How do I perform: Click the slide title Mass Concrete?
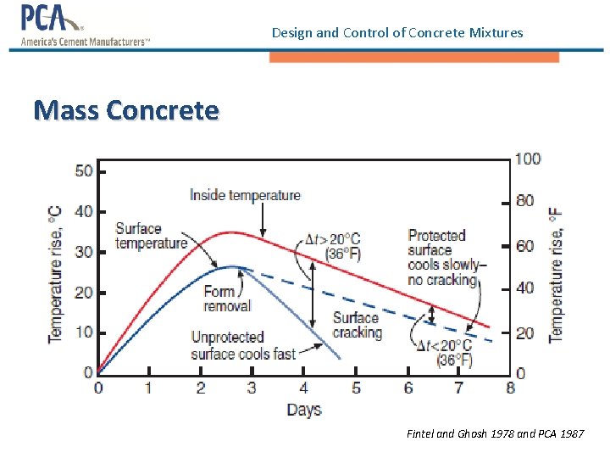[x=125, y=110]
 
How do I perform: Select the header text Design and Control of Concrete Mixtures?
[x=397, y=33]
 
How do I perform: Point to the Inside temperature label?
[x=245, y=195]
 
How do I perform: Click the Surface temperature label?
[x=151, y=236]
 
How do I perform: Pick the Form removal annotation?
[x=227, y=299]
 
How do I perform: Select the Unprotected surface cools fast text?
[x=242, y=345]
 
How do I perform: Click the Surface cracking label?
[x=357, y=325]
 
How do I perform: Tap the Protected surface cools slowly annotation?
[x=442, y=257]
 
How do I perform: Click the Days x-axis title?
[x=303, y=410]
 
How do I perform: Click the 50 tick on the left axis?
[x=84, y=171]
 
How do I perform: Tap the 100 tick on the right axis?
[x=527, y=159]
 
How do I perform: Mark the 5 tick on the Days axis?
[x=356, y=388]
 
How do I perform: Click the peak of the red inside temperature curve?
[x=230, y=232]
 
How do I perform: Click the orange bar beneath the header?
[x=414, y=57]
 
